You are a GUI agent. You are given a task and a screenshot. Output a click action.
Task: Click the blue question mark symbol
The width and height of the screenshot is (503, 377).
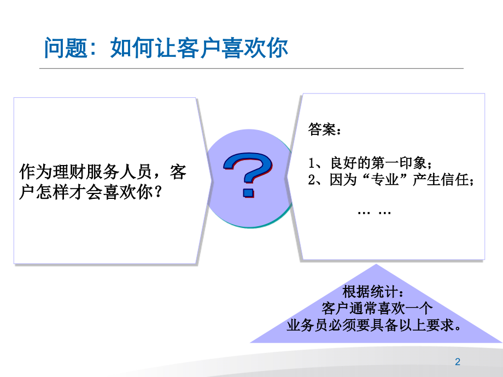click(248, 174)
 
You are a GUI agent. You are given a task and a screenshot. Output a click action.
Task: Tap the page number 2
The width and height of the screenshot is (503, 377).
click(458, 362)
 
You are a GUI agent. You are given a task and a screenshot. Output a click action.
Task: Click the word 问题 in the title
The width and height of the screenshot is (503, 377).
click(66, 48)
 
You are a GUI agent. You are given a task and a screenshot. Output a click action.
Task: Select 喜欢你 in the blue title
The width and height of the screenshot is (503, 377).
click(255, 48)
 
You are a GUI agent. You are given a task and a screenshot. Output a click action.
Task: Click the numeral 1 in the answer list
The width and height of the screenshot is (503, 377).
click(311, 163)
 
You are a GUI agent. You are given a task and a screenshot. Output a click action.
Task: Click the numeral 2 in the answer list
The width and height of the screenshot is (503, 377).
click(312, 180)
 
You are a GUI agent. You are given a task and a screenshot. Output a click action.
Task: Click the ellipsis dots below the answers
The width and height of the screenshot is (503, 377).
click(374, 213)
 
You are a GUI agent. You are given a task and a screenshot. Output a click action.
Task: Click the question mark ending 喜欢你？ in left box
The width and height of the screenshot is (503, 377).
click(158, 192)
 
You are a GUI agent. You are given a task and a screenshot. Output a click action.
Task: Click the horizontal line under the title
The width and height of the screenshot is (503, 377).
click(251, 68)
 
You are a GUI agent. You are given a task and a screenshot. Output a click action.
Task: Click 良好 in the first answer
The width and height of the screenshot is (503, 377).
click(343, 163)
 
